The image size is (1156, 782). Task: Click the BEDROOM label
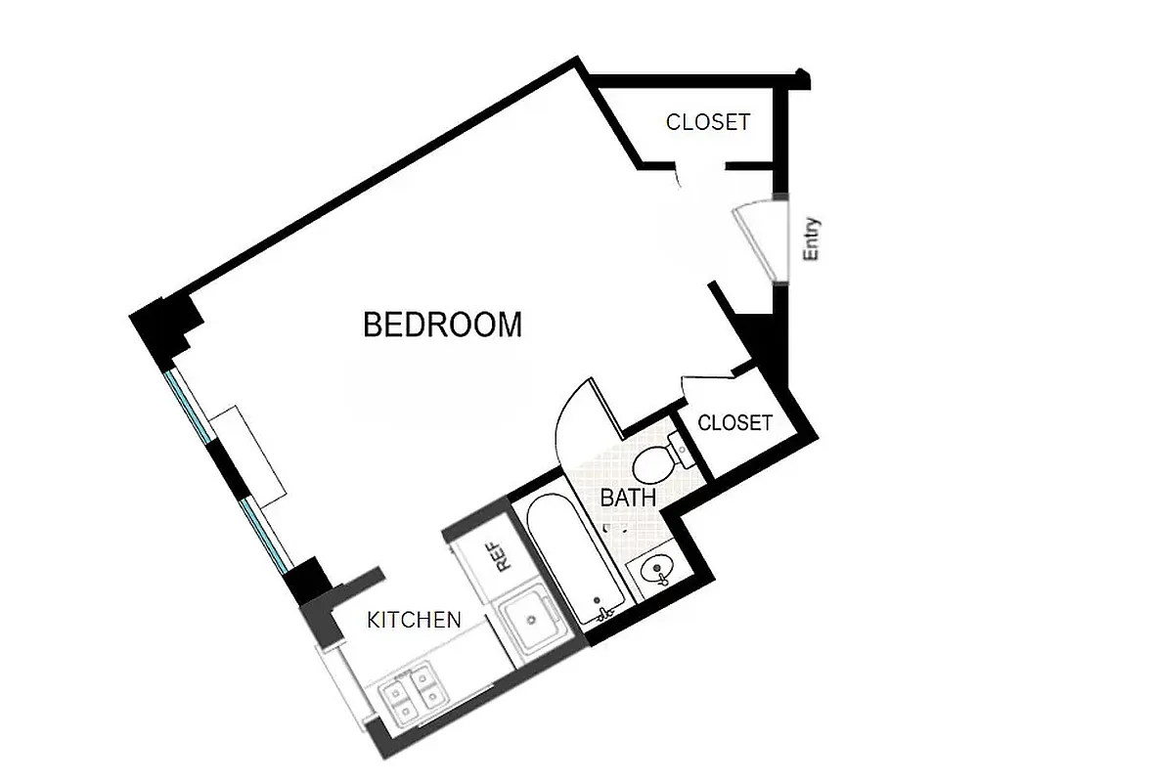coord(442,325)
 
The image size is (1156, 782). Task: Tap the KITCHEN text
coord(414,620)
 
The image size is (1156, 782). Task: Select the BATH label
coord(627,498)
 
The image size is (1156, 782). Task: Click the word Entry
coord(811,239)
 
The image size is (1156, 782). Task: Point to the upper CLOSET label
coord(708,122)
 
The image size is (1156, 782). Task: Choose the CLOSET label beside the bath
coord(735,423)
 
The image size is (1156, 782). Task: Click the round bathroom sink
coord(651,568)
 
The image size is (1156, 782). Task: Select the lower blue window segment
coord(265,534)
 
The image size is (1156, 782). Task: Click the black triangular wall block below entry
coord(760,337)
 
